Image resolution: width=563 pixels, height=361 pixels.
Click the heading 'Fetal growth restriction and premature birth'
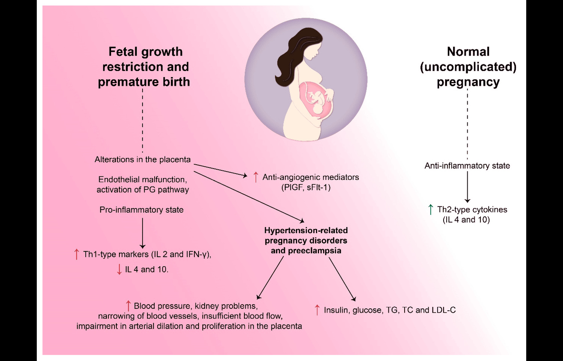pyautogui.click(x=145, y=67)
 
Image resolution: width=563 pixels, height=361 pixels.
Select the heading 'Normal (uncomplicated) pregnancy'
pyautogui.click(x=468, y=67)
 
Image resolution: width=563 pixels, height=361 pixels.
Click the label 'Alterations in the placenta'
pyautogui.click(x=143, y=159)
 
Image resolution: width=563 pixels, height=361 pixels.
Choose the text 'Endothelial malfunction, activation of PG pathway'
pyautogui.click(x=143, y=184)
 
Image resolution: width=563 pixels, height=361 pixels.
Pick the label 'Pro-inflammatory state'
pyautogui.click(x=142, y=210)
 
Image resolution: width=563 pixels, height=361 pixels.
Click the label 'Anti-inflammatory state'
pyautogui.click(x=467, y=165)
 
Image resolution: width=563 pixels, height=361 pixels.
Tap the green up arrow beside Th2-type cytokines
pyautogui.click(x=431, y=209)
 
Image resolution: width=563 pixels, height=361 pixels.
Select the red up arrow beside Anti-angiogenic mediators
pyautogui.click(x=256, y=177)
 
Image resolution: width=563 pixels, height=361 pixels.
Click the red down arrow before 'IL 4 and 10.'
pyautogui.click(x=119, y=269)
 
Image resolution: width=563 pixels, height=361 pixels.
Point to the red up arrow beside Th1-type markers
pyautogui.click(x=77, y=254)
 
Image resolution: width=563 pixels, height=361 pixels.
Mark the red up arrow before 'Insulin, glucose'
pyautogui.click(x=317, y=310)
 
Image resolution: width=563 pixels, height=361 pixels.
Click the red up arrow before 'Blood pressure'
pyautogui.click(x=128, y=306)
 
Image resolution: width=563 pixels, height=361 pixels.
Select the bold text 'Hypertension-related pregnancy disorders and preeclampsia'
pyautogui.click(x=306, y=241)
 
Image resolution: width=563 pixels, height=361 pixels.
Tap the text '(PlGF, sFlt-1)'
pyautogui.click(x=306, y=187)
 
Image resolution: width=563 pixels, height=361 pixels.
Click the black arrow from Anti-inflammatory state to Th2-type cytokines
pyautogui.click(x=467, y=187)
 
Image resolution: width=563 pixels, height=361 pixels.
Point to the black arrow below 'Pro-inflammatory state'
pyautogui.click(x=143, y=233)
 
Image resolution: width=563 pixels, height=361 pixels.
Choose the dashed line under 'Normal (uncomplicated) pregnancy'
pyautogui.click(x=467, y=124)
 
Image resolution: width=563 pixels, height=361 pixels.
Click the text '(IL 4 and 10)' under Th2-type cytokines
pyautogui.click(x=466, y=220)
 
